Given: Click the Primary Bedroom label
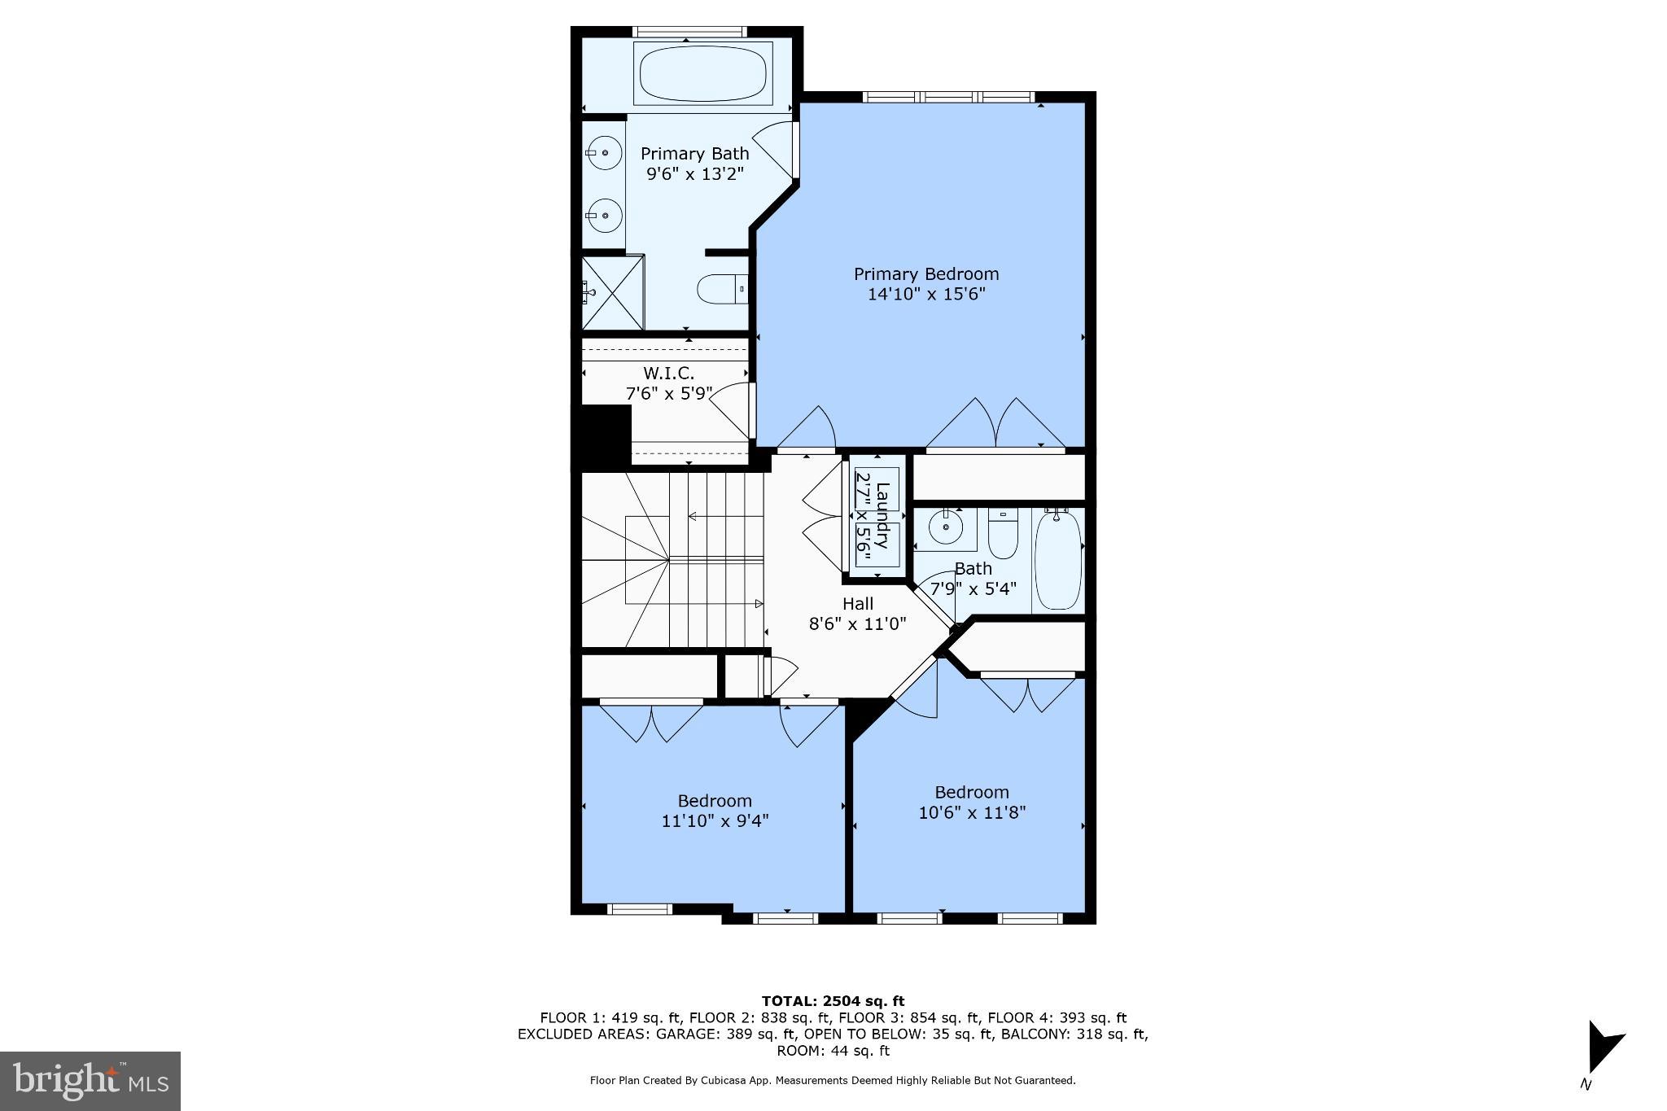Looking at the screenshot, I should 925,274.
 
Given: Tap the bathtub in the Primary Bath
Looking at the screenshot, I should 702,74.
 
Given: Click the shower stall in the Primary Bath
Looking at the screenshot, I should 612,292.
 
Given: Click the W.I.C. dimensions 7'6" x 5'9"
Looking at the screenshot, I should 669,394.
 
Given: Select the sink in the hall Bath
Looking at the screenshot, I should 946,527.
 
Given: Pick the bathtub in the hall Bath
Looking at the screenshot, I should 1058,560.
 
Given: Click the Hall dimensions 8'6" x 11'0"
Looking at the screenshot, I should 856,624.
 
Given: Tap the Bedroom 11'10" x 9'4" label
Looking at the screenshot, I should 715,801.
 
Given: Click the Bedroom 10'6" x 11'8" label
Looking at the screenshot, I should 971,793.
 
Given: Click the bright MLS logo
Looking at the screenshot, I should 90,1081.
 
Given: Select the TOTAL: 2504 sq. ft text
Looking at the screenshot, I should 833,1001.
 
